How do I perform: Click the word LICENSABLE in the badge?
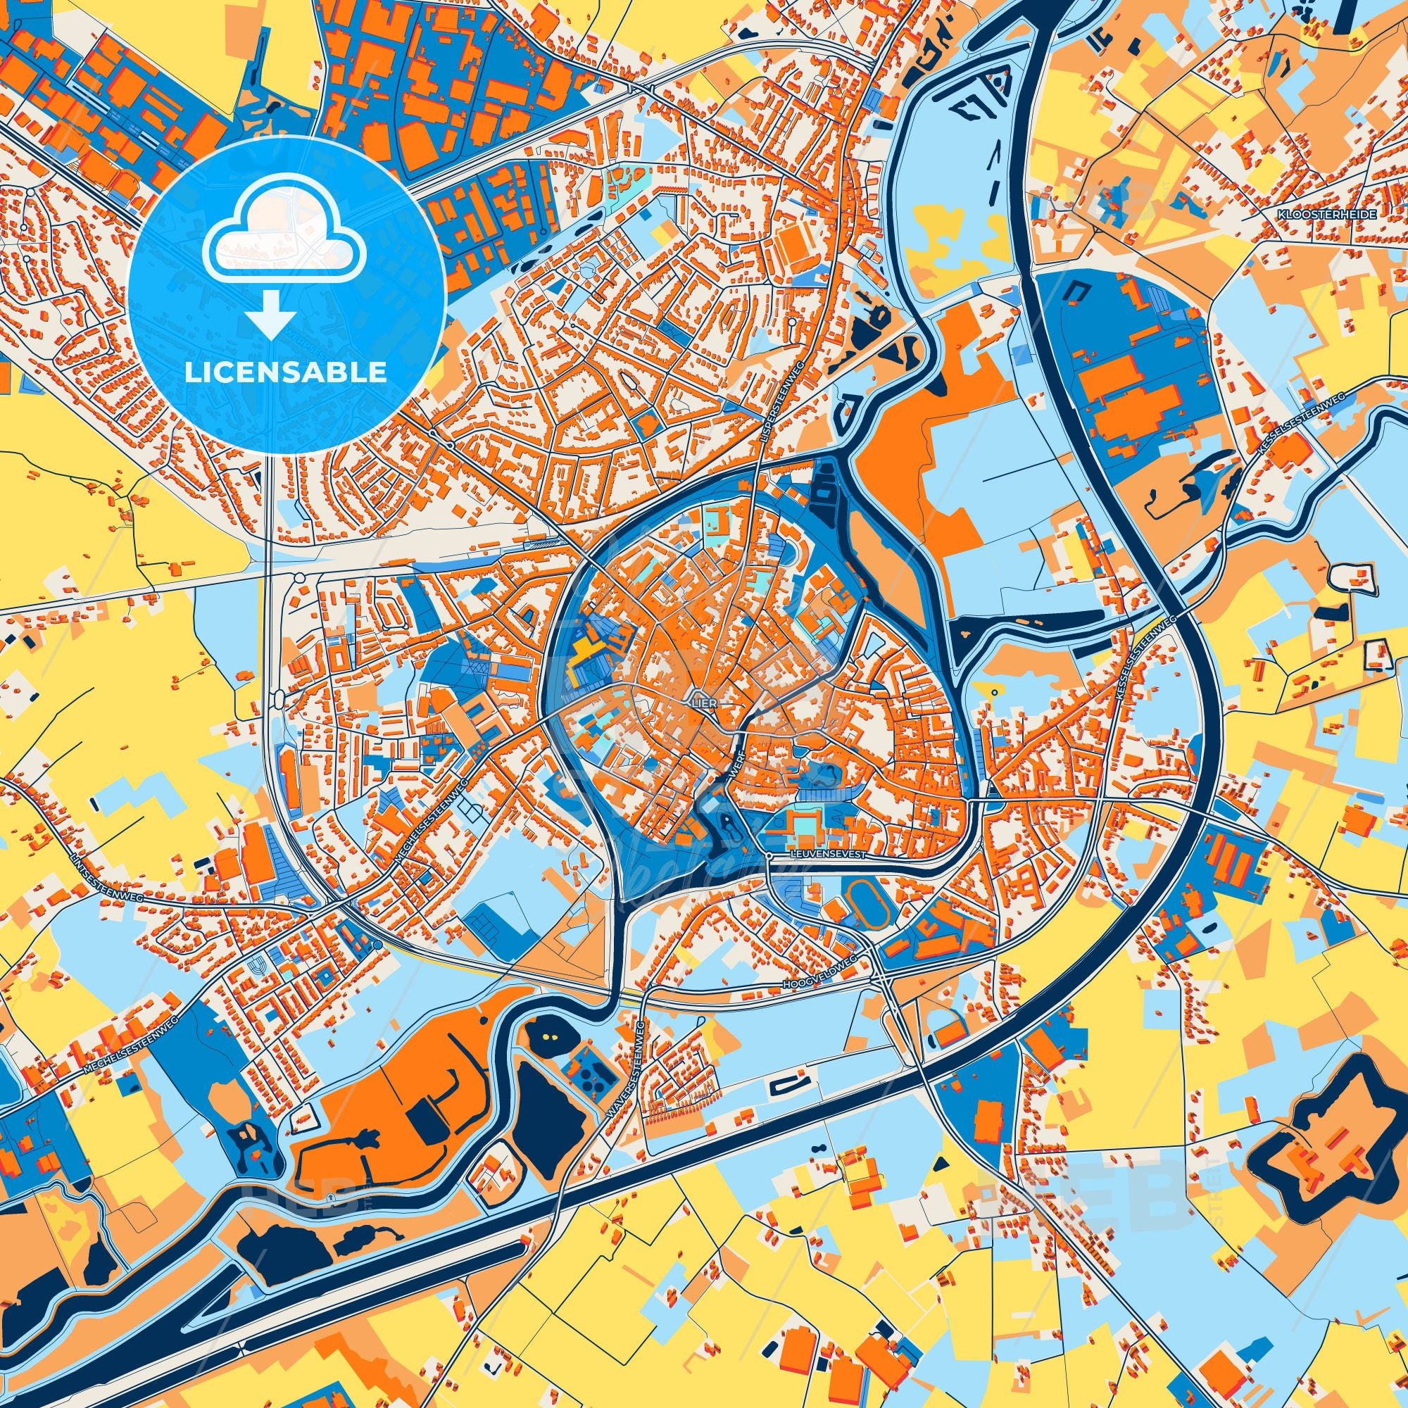pyautogui.click(x=286, y=372)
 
